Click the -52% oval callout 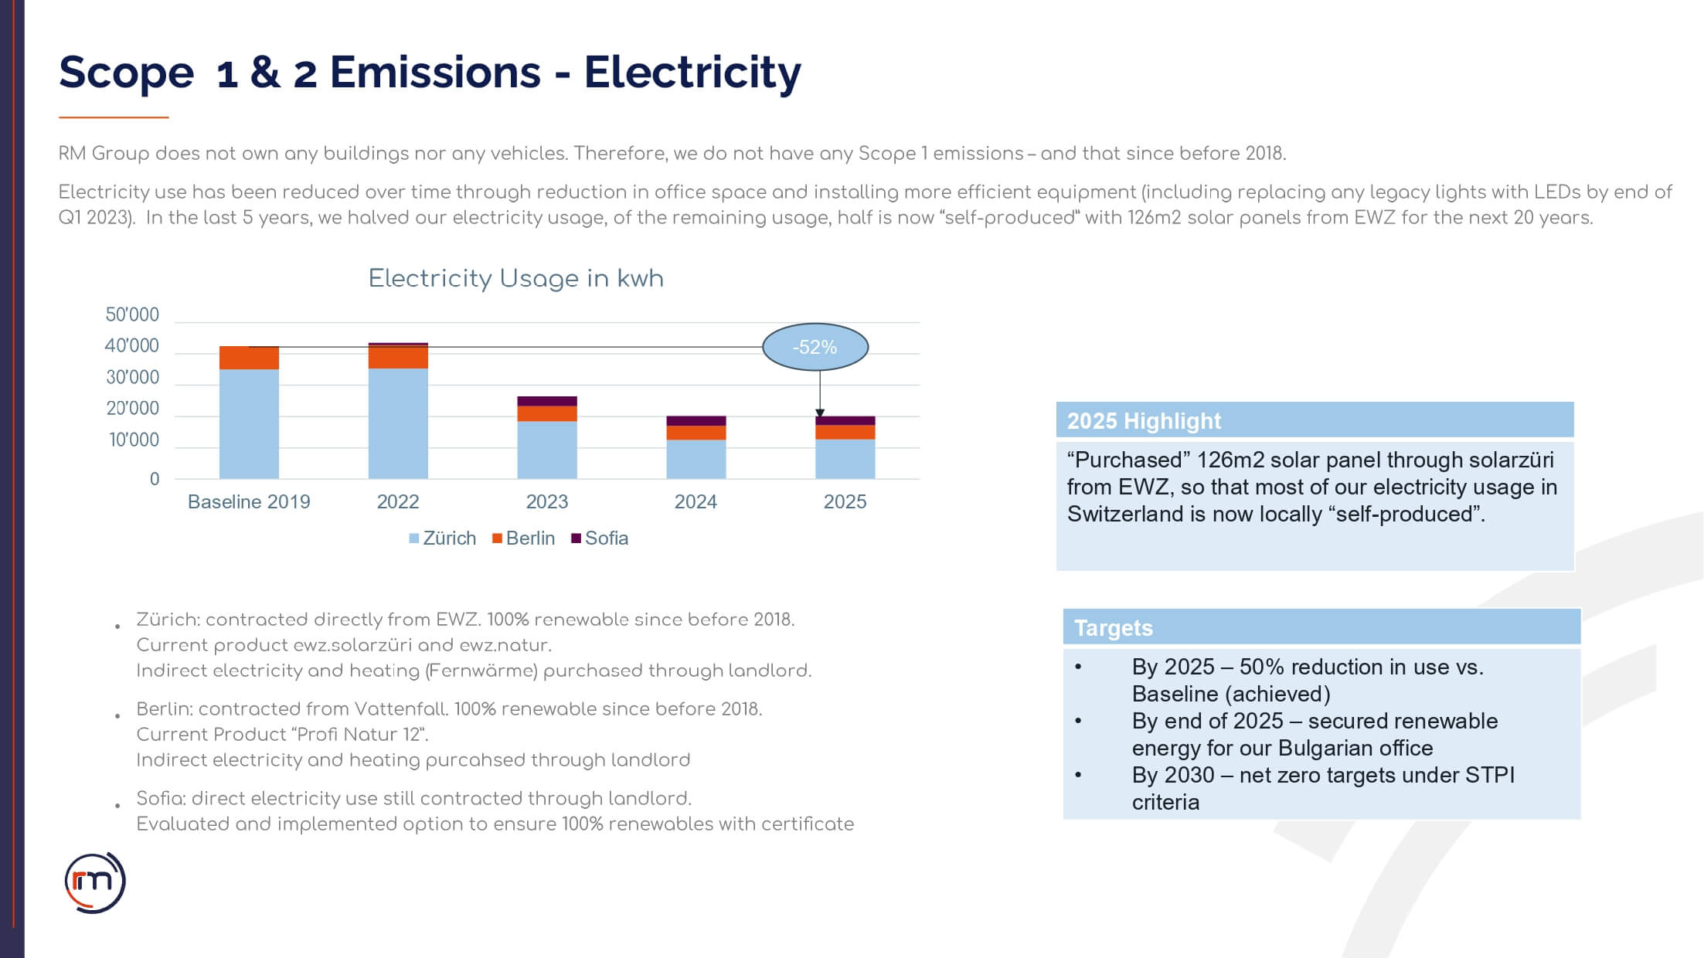[815, 347]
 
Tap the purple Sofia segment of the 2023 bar [546, 401]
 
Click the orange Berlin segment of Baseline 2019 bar [249, 358]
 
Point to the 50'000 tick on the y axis [132, 315]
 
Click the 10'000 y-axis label [134, 440]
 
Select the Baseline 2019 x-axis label [249, 502]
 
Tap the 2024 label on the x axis [696, 502]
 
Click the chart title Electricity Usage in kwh [515, 278]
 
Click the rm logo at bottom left [94, 882]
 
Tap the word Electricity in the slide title [692, 73]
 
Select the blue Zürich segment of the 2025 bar [845, 459]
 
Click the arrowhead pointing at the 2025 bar [820, 413]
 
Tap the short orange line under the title [114, 117]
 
